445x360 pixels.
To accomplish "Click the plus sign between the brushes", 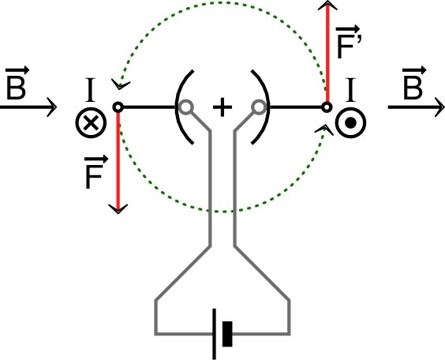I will pos(222,107).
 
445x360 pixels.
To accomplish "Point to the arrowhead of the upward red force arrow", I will pos(327,6).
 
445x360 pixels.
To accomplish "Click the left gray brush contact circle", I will pos(185,107).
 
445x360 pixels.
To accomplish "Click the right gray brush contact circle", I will pos(258,107).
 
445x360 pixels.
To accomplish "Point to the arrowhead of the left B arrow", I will pos(53,106).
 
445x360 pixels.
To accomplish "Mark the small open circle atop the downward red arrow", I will pos(118,107).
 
